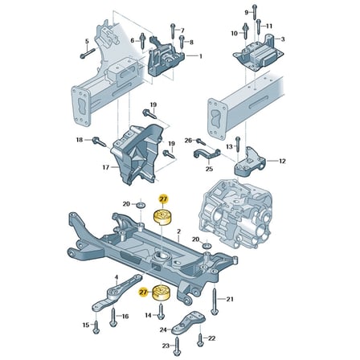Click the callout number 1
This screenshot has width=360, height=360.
click(x=200, y=56)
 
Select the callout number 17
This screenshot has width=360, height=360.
click(x=106, y=167)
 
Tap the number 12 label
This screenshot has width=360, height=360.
click(x=282, y=161)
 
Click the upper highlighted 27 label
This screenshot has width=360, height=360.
click(x=163, y=199)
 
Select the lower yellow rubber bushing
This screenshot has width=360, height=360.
click(x=162, y=293)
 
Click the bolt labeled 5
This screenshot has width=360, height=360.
click(x=88, y=53)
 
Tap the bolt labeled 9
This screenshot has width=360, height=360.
click(x=255, y=12)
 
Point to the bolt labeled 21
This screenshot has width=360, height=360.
click(x=215, y=302)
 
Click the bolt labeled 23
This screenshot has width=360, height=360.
click(x=177, y=346)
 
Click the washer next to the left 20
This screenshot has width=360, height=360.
click(x=141, y=206)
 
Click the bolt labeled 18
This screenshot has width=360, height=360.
click(x=100, y=141)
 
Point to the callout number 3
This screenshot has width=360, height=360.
click(x=283, y=39)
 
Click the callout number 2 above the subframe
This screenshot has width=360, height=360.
click(x=179, y=231)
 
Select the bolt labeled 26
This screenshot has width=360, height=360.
click(x=201, y=141)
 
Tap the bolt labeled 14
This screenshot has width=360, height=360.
click(x=161, y=311)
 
